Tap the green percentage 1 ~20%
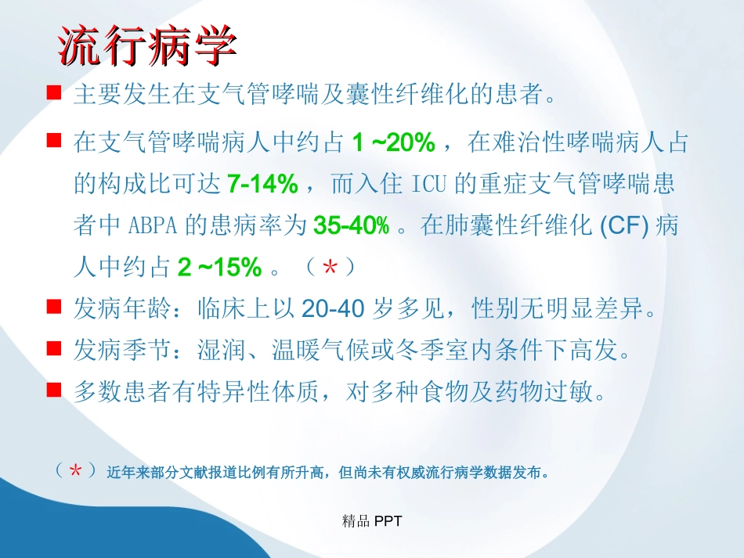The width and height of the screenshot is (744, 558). [392, 143]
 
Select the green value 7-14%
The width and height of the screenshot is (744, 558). [263, 185]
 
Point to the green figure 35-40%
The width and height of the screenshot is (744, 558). [351, 226]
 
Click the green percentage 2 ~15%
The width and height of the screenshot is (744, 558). [219, 268]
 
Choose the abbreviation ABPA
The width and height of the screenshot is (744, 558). [153, 226]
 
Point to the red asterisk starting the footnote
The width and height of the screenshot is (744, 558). [76, 472]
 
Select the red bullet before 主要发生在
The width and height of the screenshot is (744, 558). [54, 94]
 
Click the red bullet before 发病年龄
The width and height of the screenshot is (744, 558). [54, 308]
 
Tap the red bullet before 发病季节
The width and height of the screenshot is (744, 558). [54, 349]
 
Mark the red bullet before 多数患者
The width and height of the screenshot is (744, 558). [54, 390]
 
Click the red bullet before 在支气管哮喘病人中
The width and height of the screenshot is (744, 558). [54, 142]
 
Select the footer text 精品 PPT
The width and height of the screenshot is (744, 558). [372, 521]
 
